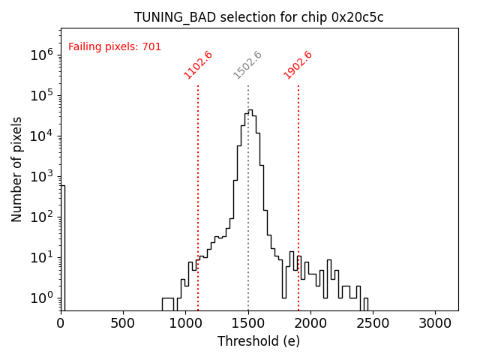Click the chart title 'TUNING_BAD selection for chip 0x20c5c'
click(x=259, y=17)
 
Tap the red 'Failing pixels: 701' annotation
click(x=115, y=46)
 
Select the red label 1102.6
click(x=199, y=65)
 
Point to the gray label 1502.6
click(x=248, y=65)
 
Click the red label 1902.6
click(x=298, y=65)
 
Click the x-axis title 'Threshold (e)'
click(x=259, y=342)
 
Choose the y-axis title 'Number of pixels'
click(x=16, y=169)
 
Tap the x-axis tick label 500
click(x=123, y=324)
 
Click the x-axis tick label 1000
click(x=185, y=324)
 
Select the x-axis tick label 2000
click(x=310, y=324)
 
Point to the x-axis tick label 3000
click(x=435, y=324)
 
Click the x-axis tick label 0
click(x=61, y=324)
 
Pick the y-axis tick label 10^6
click(x=41, y=55)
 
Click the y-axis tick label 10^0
click(x=41, y=298)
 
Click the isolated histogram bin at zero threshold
click(x=63, y=247)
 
